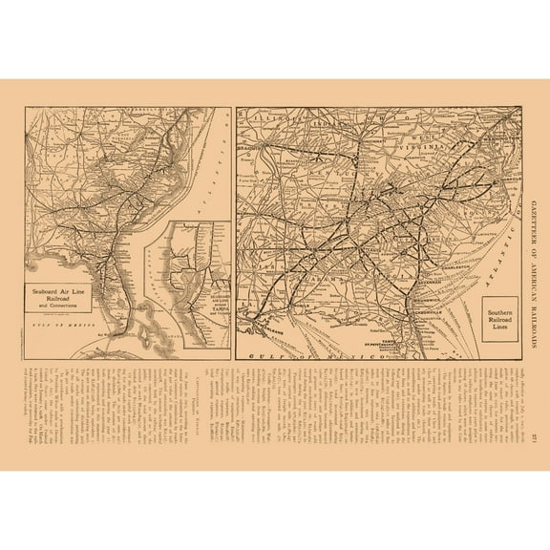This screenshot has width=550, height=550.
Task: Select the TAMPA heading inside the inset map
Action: click(x=209, y=292)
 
